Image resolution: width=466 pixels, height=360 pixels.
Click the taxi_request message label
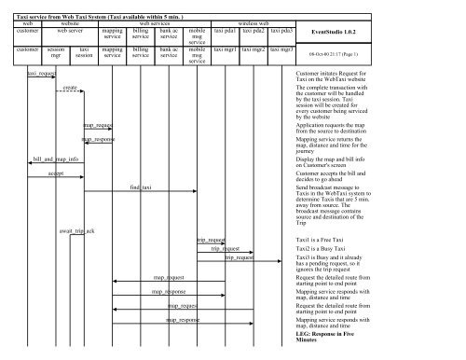[x=40, y=71]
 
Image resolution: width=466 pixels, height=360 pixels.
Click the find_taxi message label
[x=141, y=187]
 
